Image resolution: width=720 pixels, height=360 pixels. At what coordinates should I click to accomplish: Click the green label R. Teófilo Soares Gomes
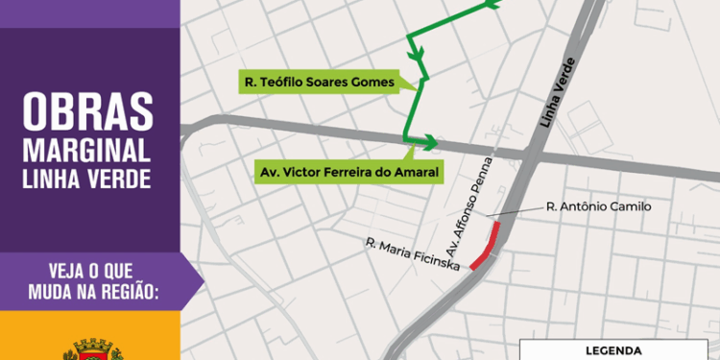pyautogui.click(x=321, y=83)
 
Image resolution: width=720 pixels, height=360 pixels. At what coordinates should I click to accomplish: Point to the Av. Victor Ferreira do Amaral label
pyautogui.click(x=349, y=172)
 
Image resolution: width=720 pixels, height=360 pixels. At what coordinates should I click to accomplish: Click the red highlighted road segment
pyautogui.click(x=486, y=247)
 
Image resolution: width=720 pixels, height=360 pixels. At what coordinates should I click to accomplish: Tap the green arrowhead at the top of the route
pyautogui.click(x=492, y=4)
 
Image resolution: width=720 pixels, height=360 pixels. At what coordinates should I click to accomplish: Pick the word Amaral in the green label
pyautogui.click(x=416, y=172)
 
